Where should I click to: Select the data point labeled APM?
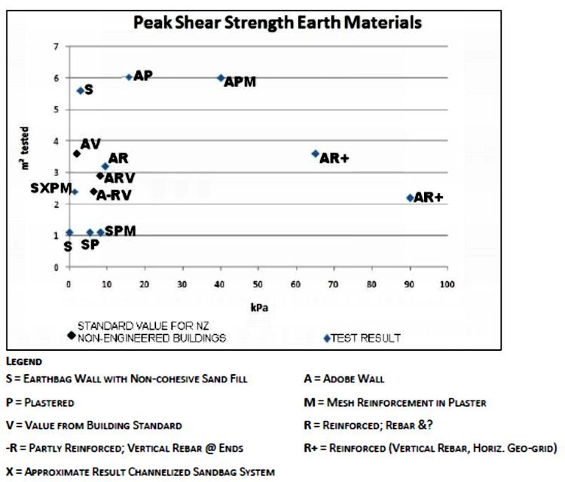(x=221, y=78)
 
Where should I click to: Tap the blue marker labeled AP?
(x=129, y=77)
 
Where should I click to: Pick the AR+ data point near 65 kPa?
(x=316, y=153)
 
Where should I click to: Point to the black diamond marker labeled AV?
(x=77, y=153)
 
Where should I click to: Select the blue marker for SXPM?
(x=74, y=192)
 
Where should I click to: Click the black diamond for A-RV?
(x=93, y=192)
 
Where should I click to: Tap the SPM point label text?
(x=121, y=231)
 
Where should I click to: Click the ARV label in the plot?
(x=120, y=179)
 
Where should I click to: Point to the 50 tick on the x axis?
(x=258, y=284)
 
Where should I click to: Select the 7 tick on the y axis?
(x=56, y=47)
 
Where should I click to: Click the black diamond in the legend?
(x=72, y=335)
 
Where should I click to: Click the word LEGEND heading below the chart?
(x=23, y=362)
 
